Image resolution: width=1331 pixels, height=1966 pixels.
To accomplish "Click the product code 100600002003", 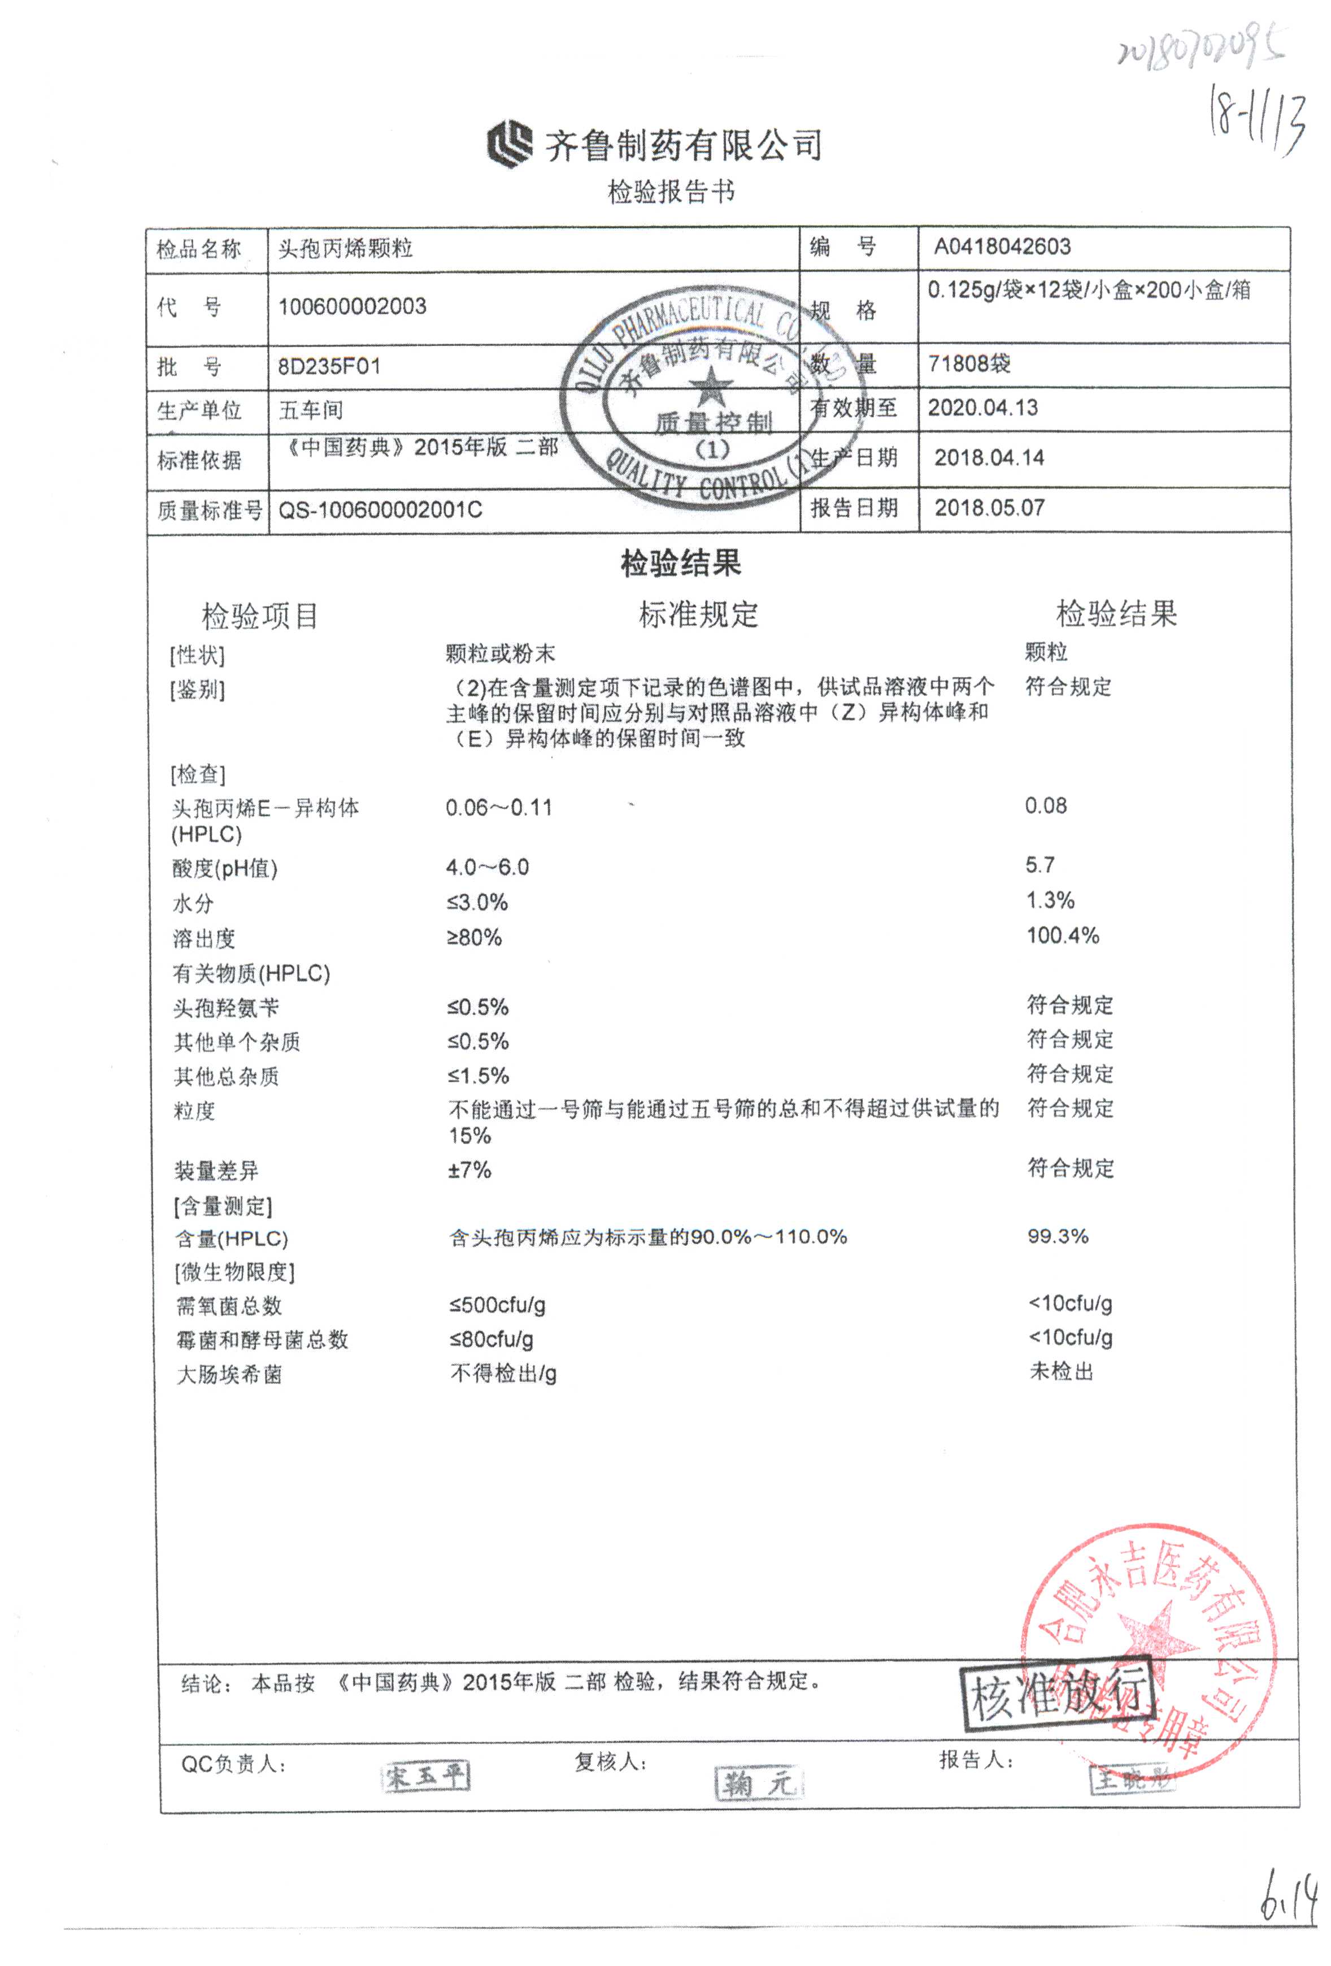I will click(352, 306).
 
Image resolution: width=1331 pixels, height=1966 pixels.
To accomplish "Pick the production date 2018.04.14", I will click(989, 458).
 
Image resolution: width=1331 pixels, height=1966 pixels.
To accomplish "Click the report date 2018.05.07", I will click(989, 508).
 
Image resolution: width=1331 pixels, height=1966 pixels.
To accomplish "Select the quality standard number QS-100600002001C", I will click(380, 510).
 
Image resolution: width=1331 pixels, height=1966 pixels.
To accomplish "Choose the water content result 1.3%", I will click(1050, 900).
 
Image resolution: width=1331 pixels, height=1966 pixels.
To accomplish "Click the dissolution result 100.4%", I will click(1062, 936).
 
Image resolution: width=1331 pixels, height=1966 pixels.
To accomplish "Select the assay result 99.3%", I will click(1057, 1236).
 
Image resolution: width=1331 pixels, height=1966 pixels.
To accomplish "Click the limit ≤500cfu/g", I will click(497, 1305).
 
